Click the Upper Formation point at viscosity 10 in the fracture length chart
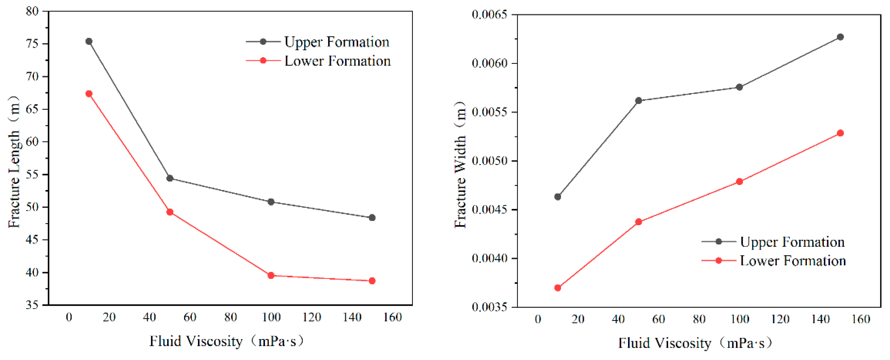tap(89, 42)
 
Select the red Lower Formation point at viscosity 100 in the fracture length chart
tap(271, 276)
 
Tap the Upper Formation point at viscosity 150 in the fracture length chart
tap(372, 218)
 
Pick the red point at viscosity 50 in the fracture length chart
tap(170, 212)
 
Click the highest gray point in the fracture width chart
tap(840, 37)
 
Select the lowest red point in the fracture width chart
tap(558, 288)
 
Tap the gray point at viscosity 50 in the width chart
tap(638, 101)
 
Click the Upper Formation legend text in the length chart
tap(336, 42)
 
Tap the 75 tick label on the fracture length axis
tap(32, 44)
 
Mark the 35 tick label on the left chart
tap(32, 305)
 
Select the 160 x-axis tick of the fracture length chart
tap(392, 317)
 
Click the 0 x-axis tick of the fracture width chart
tap(538, 319)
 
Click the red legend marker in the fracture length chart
tap(263, 61)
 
